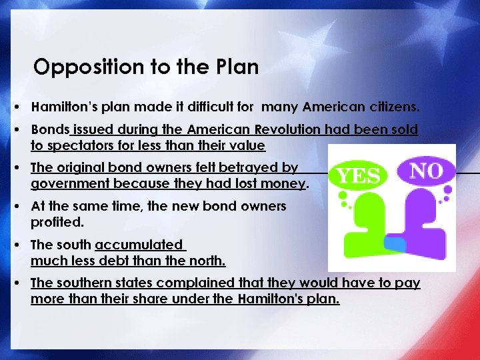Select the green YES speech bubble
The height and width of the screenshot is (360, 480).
click(359, 176)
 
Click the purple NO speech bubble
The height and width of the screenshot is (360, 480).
click(426, 171)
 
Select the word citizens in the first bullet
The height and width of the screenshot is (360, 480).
click(396, 107)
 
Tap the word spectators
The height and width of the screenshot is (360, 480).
click(77, 145)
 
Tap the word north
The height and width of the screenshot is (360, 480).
click(207, 261)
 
